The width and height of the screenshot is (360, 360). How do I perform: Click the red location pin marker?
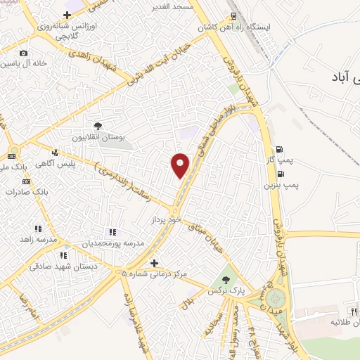pos(181,165)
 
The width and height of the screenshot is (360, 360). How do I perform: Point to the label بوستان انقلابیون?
pos(100,137)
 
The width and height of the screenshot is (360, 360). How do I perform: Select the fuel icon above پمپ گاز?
pos(280,149)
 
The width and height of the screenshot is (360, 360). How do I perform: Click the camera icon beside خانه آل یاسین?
pos(23,53)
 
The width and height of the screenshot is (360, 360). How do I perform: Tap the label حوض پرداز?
pos(167,220)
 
